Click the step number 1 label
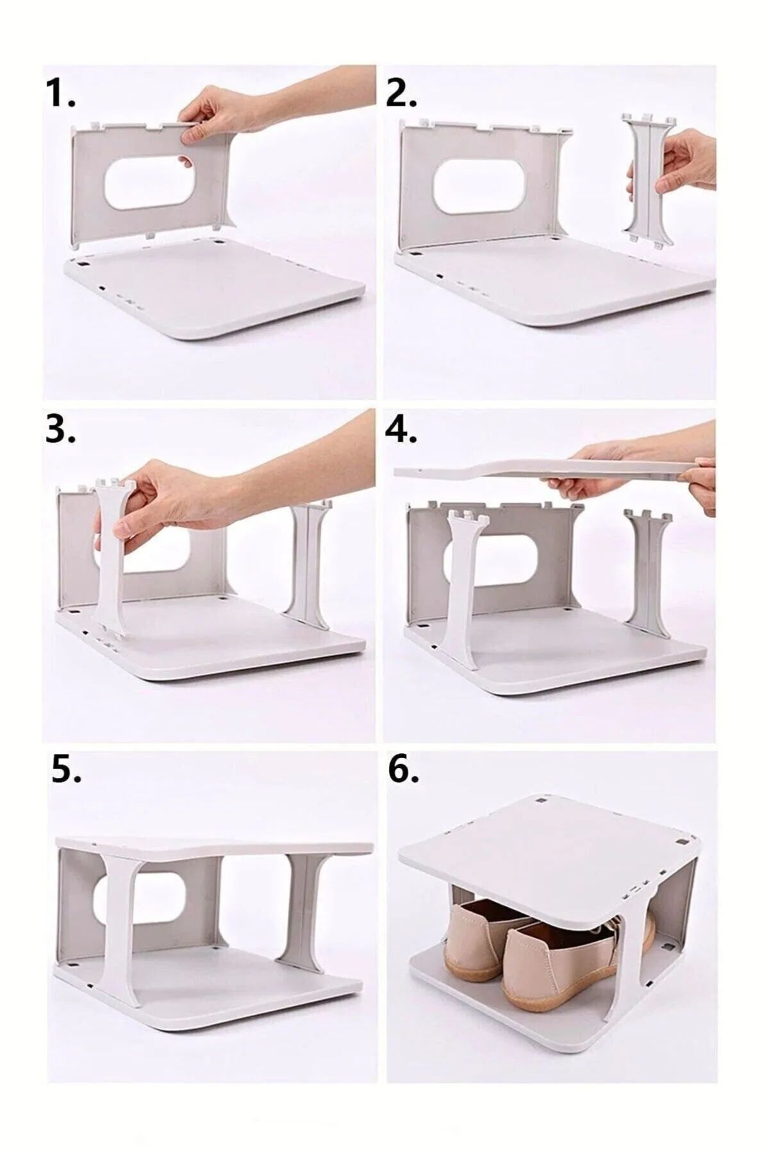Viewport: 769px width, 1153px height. (61, 94)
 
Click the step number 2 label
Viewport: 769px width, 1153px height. (402, 94)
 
